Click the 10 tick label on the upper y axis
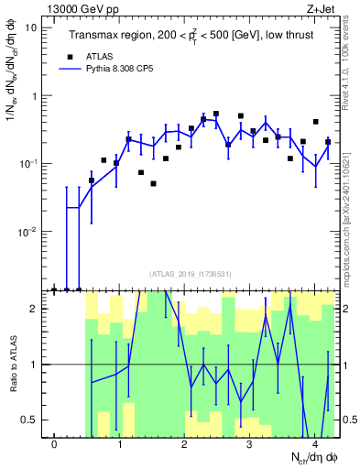tap(30, 27)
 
